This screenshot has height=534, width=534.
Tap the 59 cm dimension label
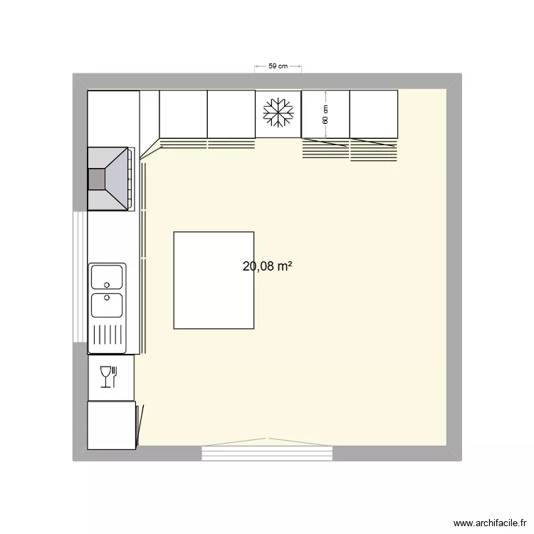278,66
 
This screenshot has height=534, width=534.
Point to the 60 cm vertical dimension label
325,114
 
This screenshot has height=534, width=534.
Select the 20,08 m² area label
268,267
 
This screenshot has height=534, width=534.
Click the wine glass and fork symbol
108,377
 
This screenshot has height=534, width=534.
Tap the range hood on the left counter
111,179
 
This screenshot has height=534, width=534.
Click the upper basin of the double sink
107,276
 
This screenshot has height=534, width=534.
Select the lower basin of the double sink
107,305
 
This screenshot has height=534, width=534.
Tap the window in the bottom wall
268,451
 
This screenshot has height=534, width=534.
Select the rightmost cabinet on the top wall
373,114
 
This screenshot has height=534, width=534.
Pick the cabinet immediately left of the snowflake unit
231,114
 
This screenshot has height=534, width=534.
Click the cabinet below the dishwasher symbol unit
110,425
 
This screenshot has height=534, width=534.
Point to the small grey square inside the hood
95,179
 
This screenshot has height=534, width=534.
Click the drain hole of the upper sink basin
107,284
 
